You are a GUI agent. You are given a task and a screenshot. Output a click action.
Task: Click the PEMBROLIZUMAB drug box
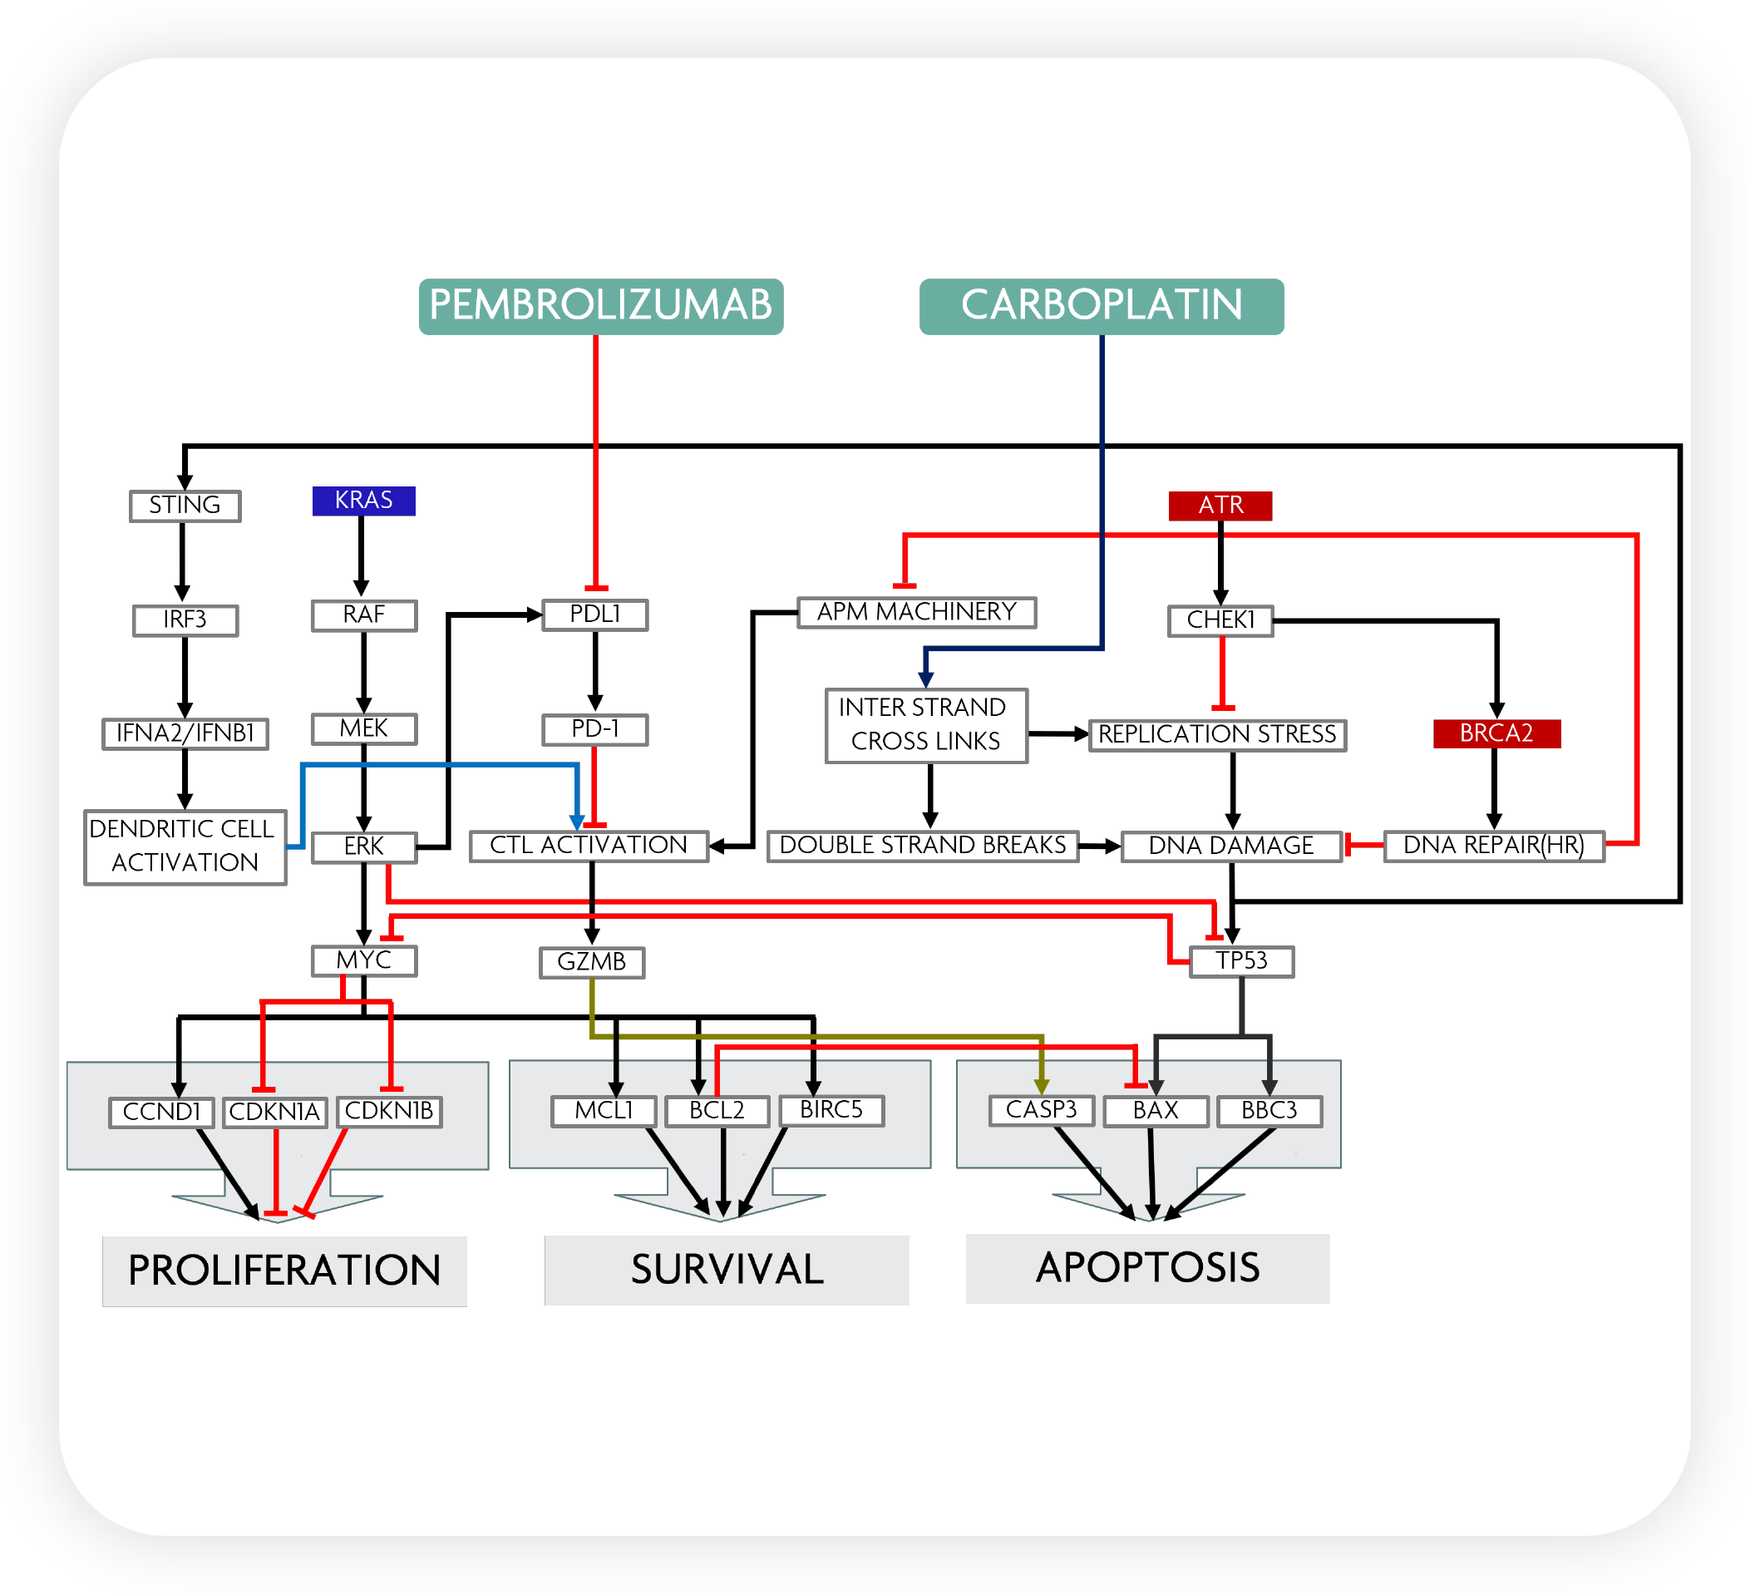(x=601, y=306)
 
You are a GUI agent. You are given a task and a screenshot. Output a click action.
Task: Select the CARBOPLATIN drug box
(x=1101, y=306)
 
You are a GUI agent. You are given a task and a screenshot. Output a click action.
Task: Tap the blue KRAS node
(x=363, y=501)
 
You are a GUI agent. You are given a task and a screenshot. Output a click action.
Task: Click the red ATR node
(x=1220, y=506)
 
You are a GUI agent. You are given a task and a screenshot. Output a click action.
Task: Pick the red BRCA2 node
(x=1496, y=733)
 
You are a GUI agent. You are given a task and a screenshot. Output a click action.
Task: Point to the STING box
(x=185, y=506)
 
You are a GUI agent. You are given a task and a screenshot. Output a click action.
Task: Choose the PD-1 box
(x=594, y=729)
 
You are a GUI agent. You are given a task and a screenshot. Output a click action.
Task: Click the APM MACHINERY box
(x=916, y=612)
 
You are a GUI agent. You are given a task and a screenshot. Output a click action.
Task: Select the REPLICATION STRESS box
(x=1217, y=734)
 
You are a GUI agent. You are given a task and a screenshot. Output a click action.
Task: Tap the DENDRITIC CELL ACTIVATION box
(x=185, y=846)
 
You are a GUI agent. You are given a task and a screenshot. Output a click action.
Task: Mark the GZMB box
(x=591, y=962)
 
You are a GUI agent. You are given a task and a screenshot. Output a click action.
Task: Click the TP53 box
(x=1241, y=961)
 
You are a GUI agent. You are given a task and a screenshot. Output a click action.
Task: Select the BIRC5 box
(x=831, y=1110)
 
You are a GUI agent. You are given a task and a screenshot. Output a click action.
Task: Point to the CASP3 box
(x=1041, y=1110)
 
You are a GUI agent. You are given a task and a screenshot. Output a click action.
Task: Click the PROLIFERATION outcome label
(x=283, y=1271)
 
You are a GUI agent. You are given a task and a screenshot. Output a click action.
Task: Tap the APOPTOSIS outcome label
(x=1146, y=1268)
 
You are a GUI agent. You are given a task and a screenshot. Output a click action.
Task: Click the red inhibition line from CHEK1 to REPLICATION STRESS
(x=1222, y=673)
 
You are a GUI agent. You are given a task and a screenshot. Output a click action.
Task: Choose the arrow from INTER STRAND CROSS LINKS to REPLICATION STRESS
(x=1057, y=734)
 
